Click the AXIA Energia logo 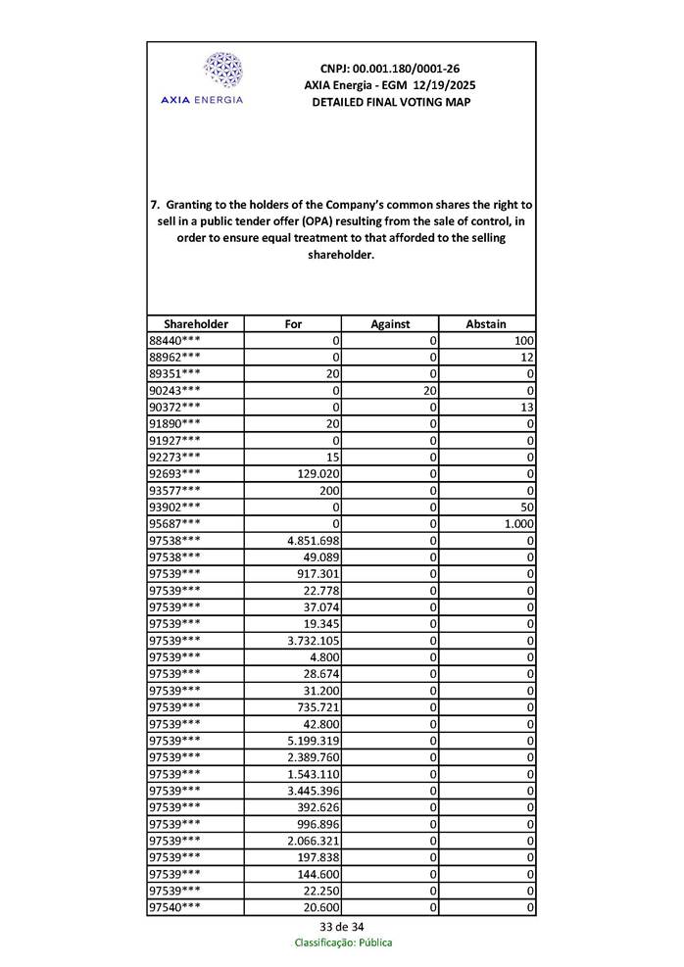221,79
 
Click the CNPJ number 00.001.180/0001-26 389,69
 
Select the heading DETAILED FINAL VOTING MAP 390,102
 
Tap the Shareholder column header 196,324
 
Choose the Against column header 390,324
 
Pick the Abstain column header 486,324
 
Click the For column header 293,324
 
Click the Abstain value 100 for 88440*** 523,341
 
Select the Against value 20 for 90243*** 429,391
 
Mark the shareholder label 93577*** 175,491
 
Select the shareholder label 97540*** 175,908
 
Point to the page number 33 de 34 342,927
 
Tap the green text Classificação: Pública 343,943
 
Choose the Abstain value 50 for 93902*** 527,508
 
